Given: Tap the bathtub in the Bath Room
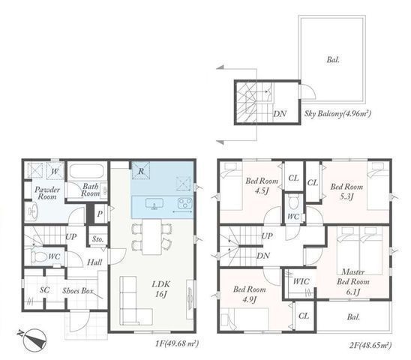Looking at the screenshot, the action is coord(87,172).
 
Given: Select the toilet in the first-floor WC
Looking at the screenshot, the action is coord(39,256).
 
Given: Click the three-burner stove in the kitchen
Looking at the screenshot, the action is coord(185,203).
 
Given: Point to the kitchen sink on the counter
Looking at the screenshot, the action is coord(154,204).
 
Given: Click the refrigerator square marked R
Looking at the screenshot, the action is coord(141,171).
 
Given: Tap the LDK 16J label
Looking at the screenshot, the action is coord(161,289).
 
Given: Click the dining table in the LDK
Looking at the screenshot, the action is coord(152,237).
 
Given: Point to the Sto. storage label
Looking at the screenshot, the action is coord(97,239).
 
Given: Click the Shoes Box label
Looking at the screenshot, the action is coord(77,291).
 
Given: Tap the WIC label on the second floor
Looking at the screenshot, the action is coord(301,281).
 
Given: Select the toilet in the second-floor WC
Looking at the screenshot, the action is coord(292,202).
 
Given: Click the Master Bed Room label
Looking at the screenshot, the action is coord(353,277).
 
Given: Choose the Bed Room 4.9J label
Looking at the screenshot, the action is coord(249,294).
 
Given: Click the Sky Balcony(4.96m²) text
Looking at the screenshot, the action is coord(337,114).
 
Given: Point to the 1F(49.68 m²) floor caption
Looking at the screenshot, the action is coord(177,343).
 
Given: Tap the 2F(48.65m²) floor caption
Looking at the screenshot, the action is coord(370,345).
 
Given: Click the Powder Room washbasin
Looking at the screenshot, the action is coord(32,211).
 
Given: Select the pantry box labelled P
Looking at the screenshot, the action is coord(100,214).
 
